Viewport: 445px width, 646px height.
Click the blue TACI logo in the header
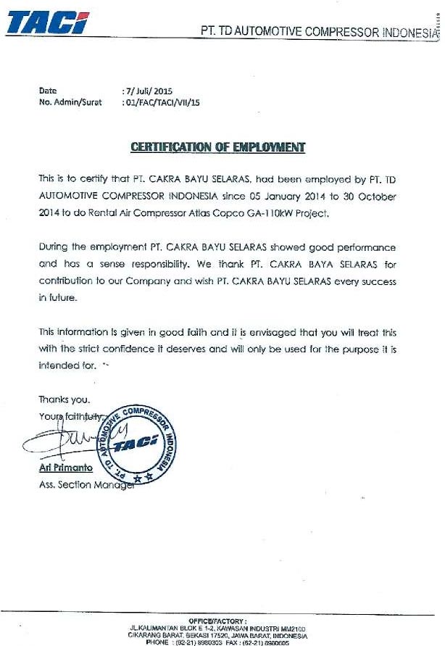click(x=47, y=23)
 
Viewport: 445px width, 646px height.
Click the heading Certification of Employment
click(x=217, y=147)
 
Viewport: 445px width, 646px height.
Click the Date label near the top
click(x=47, y=91)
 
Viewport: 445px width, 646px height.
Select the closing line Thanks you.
click(x=65, y=399)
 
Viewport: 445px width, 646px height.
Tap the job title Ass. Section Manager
click(x=86, y=485)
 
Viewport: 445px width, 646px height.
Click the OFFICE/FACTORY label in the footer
click(x=217, y=621)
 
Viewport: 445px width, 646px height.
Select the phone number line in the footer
click(x=217, y=642)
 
